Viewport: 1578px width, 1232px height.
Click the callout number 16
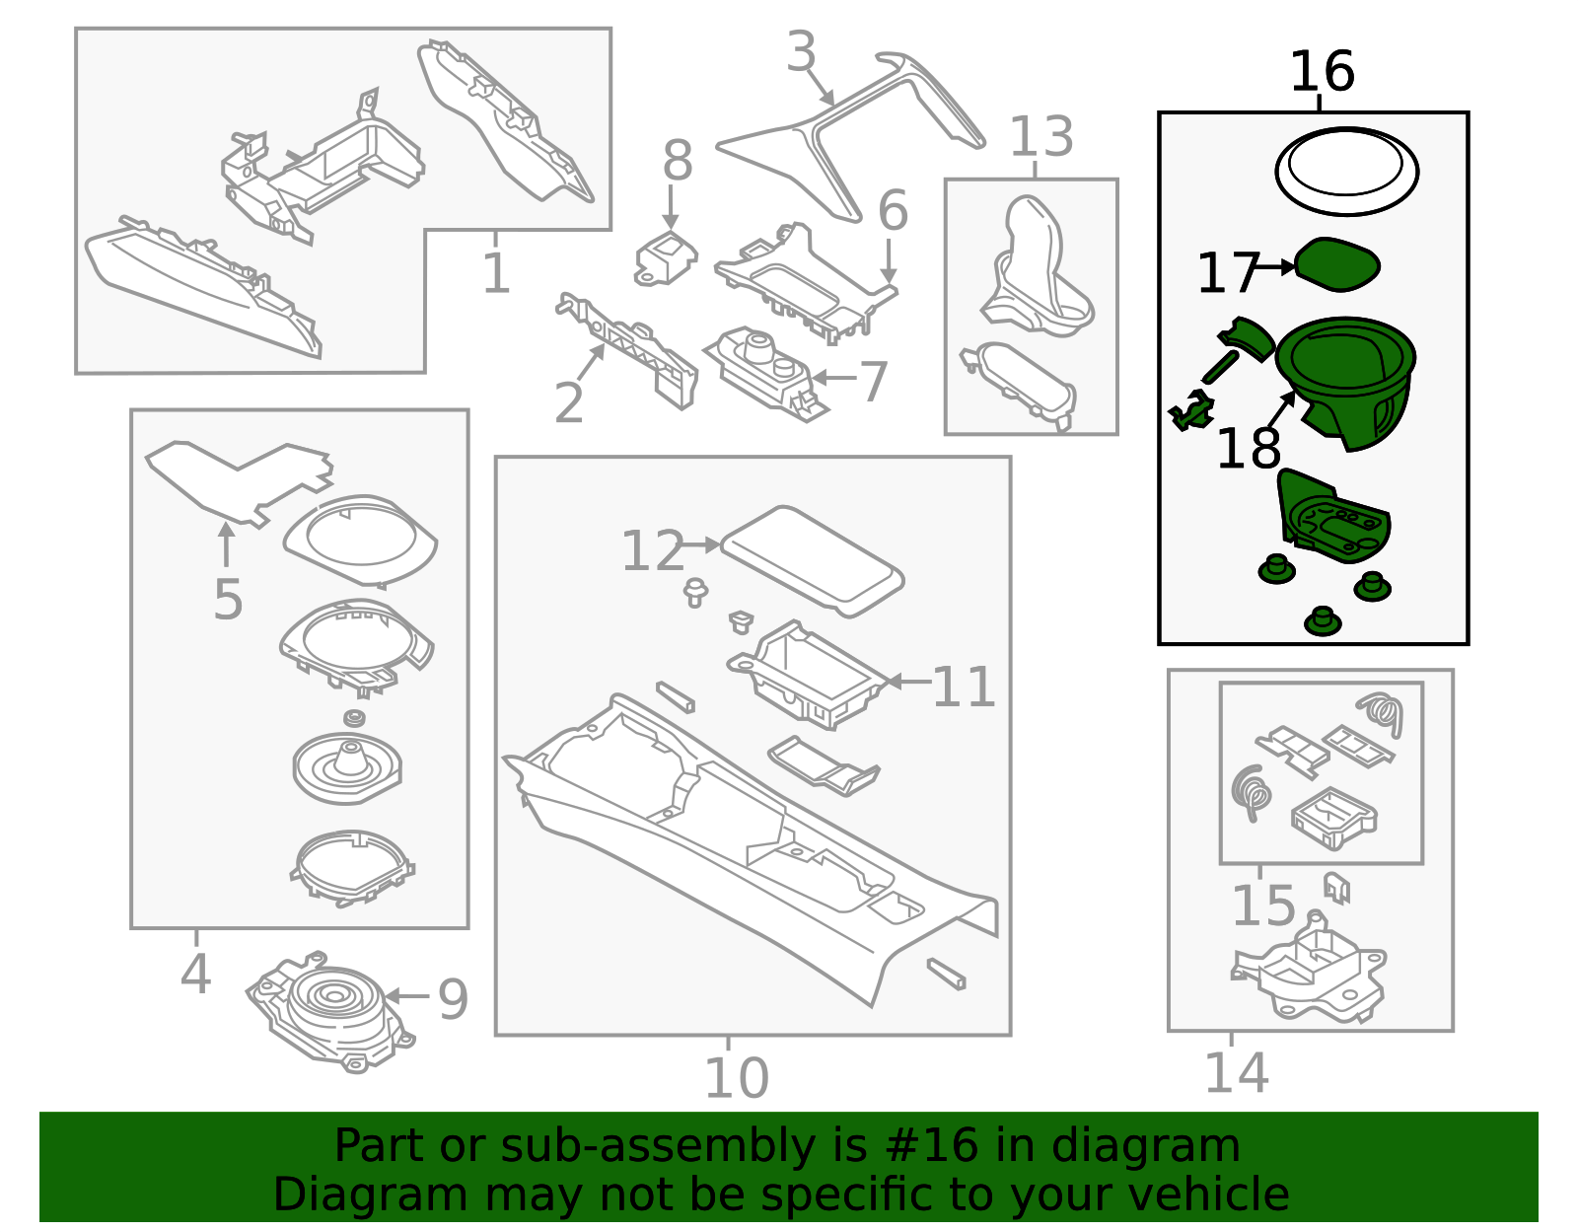pos(1322,72)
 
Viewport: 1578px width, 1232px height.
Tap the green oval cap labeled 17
pos(1336,264)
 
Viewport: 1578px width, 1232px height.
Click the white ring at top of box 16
pos(1346,171)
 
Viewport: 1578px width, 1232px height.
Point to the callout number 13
pos(1040,137)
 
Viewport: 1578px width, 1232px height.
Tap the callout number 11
pos(964,687)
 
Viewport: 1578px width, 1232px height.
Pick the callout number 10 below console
pos(736,1078)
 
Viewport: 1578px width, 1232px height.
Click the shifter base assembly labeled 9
pos(330,1011)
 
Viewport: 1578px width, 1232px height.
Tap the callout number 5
pos(228,600)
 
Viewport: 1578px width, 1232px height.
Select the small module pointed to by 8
pos(666,258)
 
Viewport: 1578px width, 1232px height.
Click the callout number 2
pos(569,403)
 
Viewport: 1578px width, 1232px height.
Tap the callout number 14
pos(1236,1073)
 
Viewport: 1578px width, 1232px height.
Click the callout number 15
pos(1263,906)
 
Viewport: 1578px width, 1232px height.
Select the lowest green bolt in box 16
pos(1322,621)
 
